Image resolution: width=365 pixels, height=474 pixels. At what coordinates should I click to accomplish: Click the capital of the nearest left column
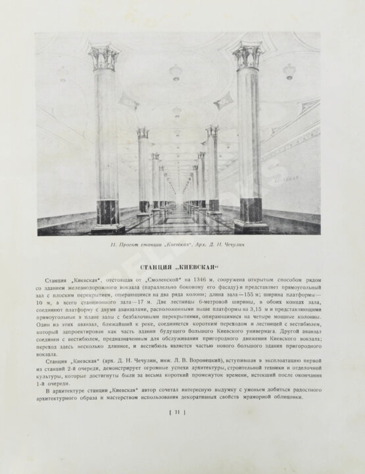[105, 59]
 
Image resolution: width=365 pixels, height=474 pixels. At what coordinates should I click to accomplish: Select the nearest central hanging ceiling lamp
[176, 72]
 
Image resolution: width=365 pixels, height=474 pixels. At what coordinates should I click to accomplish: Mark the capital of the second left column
[143, 133]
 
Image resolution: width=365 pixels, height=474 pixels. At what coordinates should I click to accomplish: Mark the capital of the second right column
[212, 131]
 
